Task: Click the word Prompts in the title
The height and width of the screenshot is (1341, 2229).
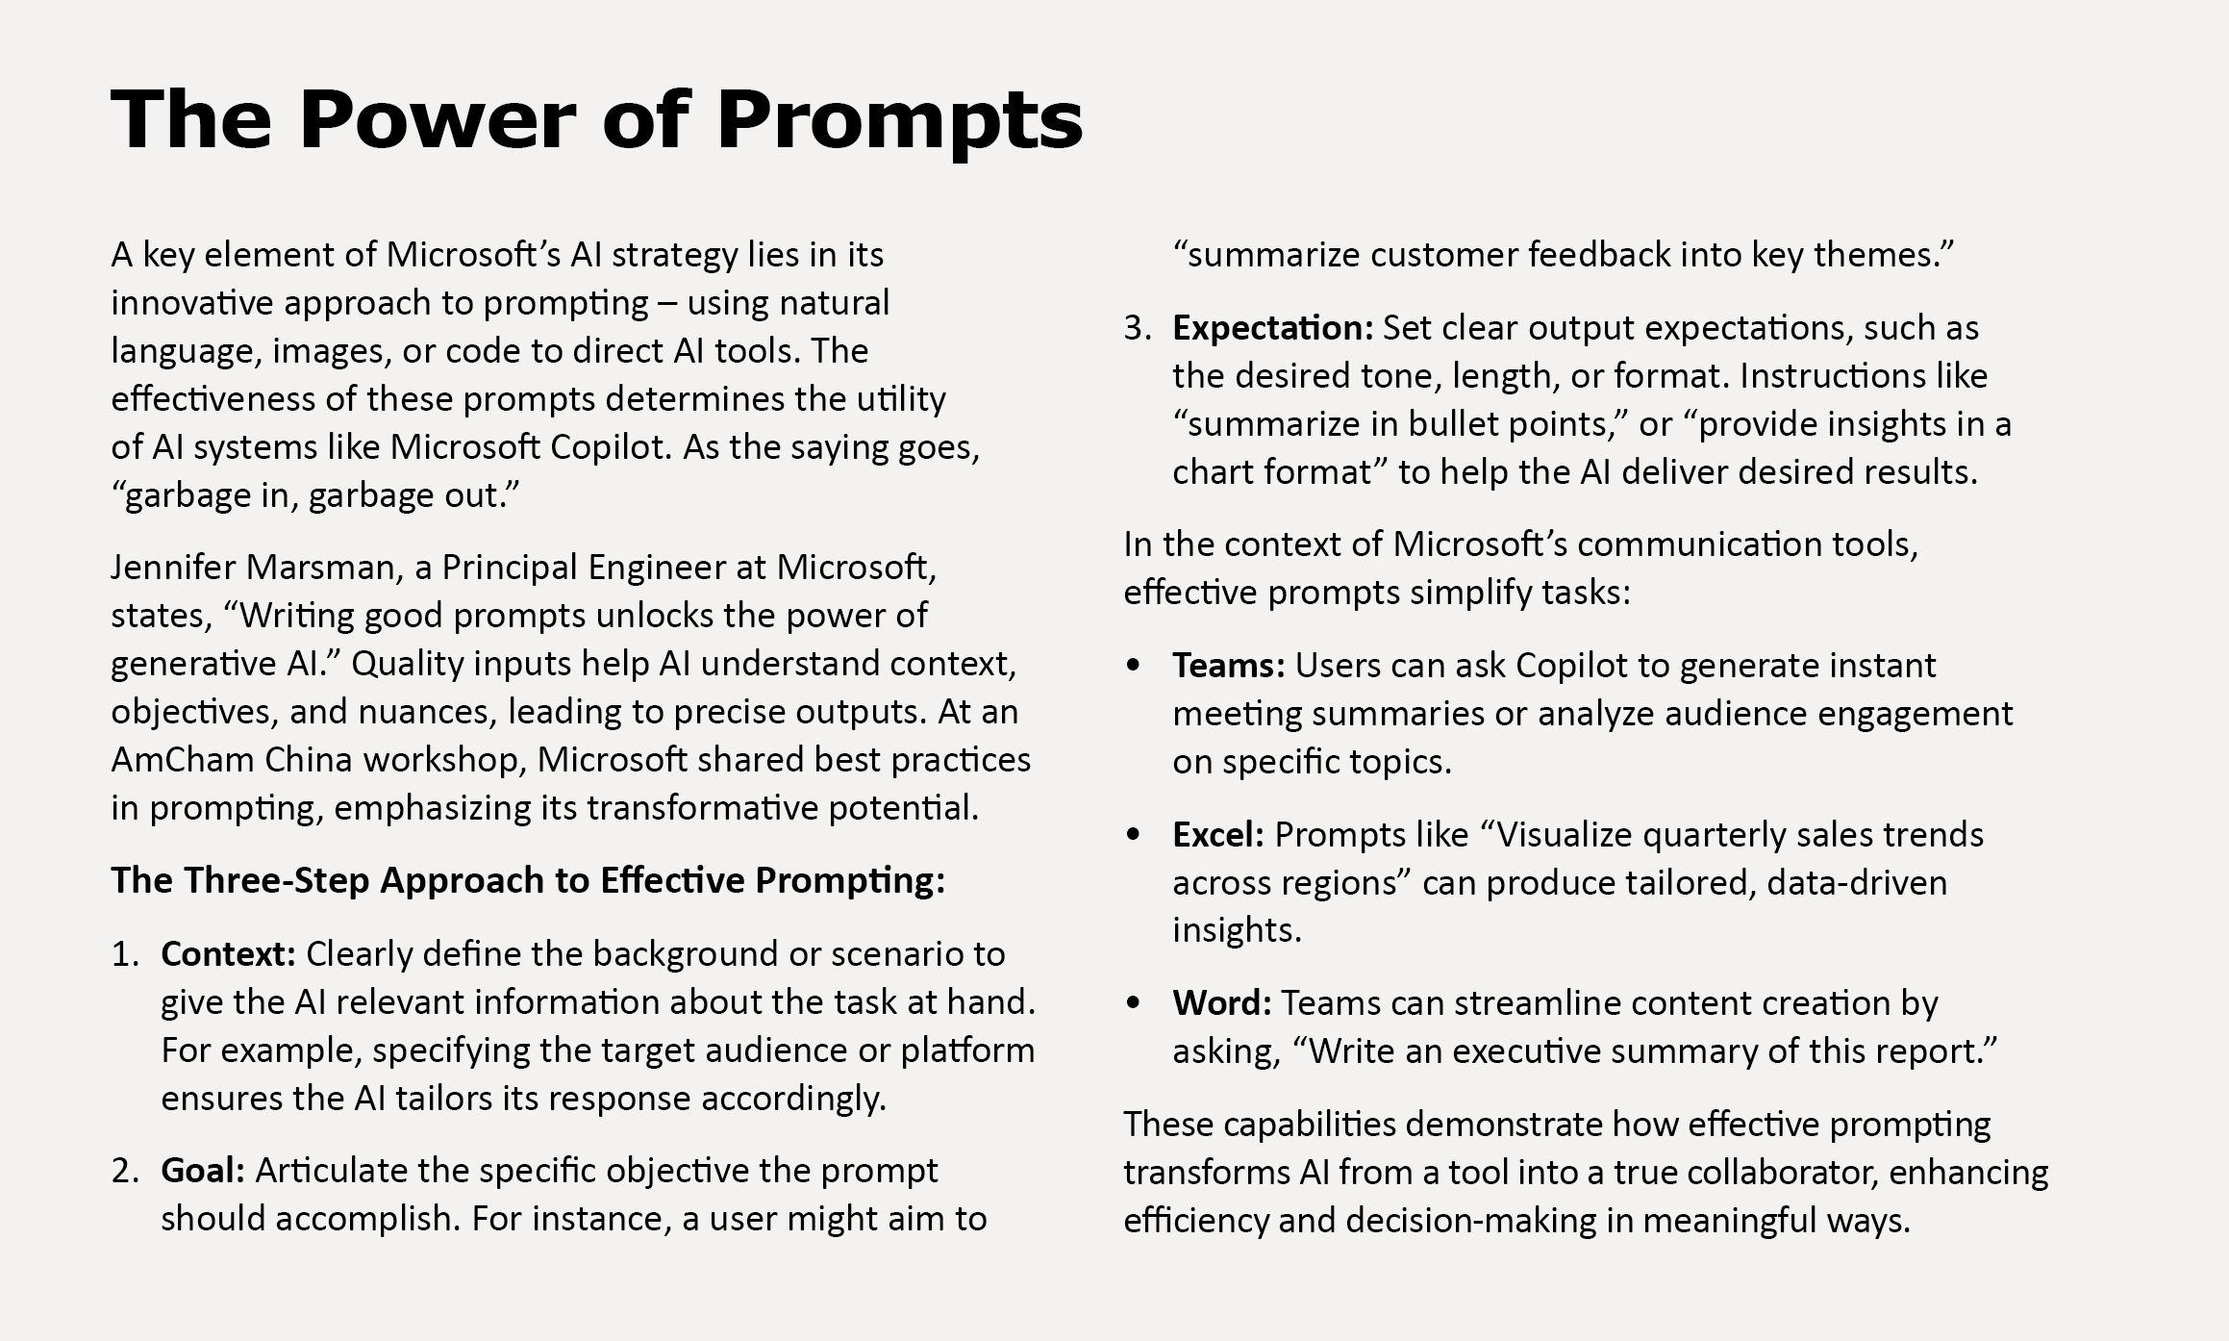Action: click(x=899, y=121)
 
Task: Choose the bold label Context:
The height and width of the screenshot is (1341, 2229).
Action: click(x=228, y=954)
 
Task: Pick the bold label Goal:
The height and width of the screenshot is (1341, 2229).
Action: click(x=203, y=1171)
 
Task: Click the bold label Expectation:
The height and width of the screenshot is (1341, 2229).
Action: click(x=1272, y=328)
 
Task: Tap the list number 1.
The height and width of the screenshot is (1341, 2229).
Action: click(x=124, y=954)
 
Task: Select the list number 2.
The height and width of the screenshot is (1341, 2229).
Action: click(x=124, y=1171)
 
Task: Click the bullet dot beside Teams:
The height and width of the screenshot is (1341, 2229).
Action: click(x=1135, y=665)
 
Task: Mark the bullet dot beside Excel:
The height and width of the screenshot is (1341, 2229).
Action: click(x=1135, y=834)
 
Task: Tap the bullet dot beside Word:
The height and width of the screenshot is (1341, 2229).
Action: click(x=1135, y=1002)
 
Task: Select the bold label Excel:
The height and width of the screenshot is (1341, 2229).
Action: click(x=1217, y=834)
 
